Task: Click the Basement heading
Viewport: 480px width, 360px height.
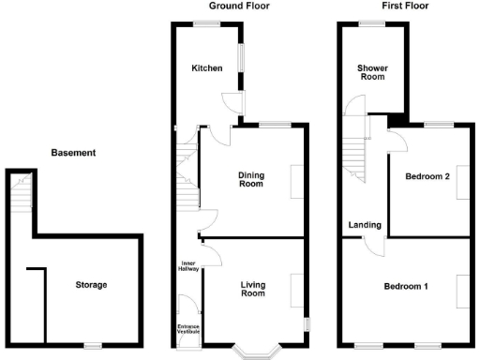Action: (x=73, y=152)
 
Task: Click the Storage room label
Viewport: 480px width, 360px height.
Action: (x=91, y=285)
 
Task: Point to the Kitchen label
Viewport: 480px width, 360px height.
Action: (x=206, y=68)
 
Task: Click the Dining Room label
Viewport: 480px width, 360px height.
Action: (x=250, y=179)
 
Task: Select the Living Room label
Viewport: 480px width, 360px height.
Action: (x=252, y=289)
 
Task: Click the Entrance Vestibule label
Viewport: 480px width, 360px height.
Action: (x=189, y=329)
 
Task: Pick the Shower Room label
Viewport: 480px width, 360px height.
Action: (x=372, y=72)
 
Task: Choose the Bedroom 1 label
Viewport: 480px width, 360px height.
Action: (x=406, y=286)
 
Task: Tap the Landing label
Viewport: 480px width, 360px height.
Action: (x=364, y=225)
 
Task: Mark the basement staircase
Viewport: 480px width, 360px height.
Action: (x=22, y=195)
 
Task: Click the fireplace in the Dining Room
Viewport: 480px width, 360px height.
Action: (x=297, y=181)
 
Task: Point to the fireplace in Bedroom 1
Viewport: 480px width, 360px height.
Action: (x=463, y=291)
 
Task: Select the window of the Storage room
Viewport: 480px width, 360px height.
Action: (x=92, y=346)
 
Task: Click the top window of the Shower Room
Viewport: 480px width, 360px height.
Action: (x=371, y=22)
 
